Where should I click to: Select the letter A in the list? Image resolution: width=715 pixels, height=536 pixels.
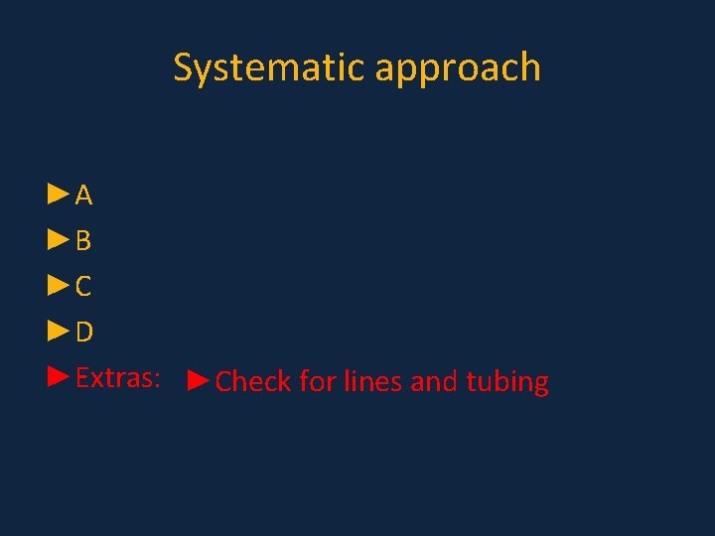(84, 196)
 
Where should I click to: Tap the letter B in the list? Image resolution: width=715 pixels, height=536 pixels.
(84, 241)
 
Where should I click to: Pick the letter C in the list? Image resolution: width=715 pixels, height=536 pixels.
(84, 287)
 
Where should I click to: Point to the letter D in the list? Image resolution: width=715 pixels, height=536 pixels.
(84, 333)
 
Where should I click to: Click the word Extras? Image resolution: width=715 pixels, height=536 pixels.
(114, 377)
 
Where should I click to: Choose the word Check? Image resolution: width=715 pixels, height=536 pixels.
(253, 381)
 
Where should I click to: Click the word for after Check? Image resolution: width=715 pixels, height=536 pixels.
(318, 381)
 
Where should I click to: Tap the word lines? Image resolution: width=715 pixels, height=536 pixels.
(373, 381)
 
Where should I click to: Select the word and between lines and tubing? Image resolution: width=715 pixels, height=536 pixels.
(434, 381)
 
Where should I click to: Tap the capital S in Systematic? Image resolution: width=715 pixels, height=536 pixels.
(184, 67)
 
